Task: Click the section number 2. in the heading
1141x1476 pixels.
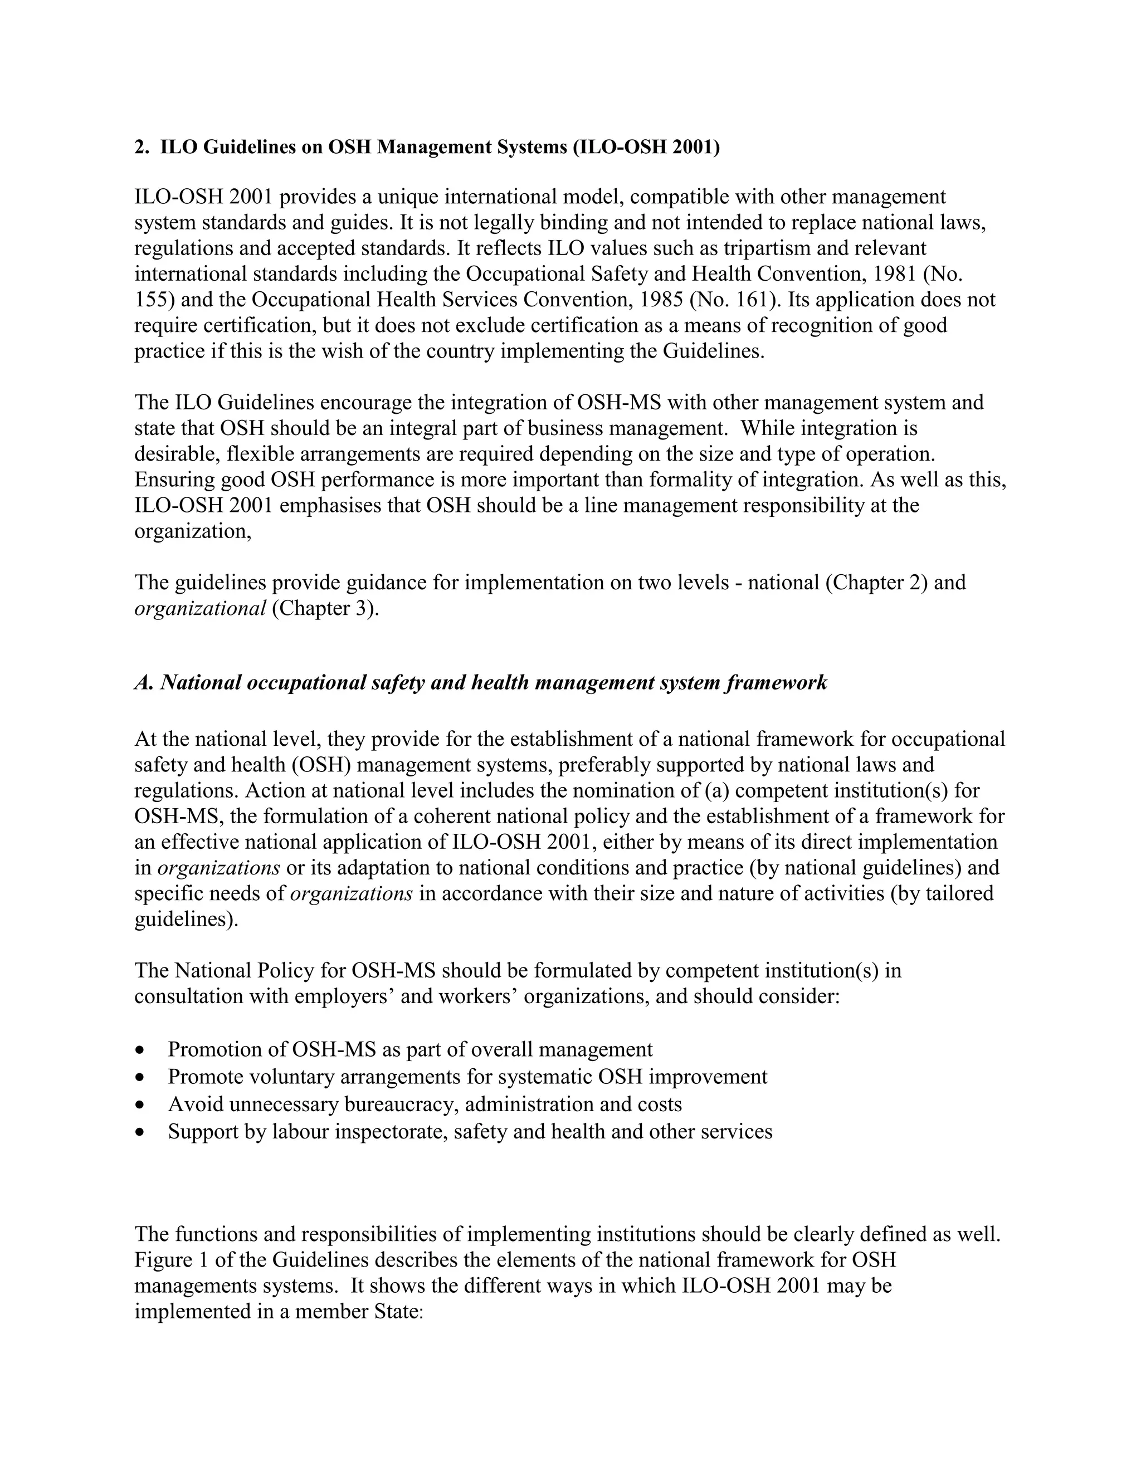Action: [142, 148]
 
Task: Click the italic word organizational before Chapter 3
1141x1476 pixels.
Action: [200, 608]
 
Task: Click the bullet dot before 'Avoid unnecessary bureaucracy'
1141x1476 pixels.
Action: [140, 1105]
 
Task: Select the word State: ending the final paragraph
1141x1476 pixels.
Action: [398, 1312]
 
